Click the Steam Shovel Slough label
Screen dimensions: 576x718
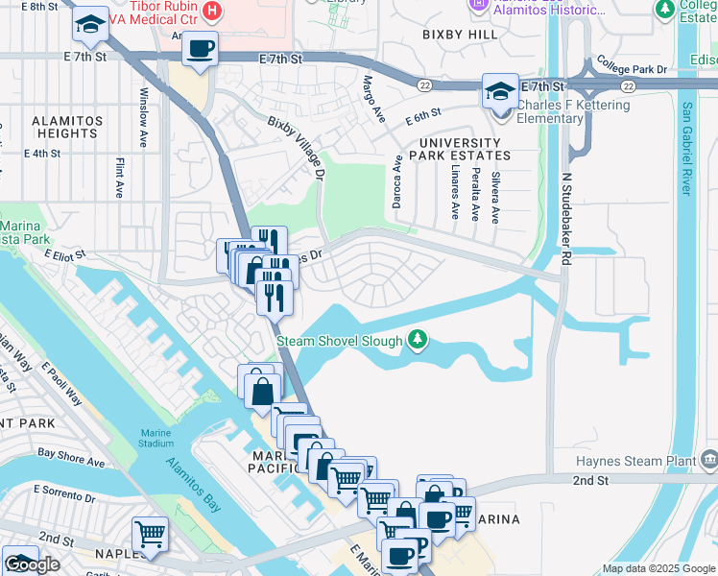339,340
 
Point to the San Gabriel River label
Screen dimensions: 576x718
685,149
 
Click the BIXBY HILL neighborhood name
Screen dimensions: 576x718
460,35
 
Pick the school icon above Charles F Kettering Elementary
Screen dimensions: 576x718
499,91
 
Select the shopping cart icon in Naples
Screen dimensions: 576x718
151,534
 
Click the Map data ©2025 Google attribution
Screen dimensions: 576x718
658,568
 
